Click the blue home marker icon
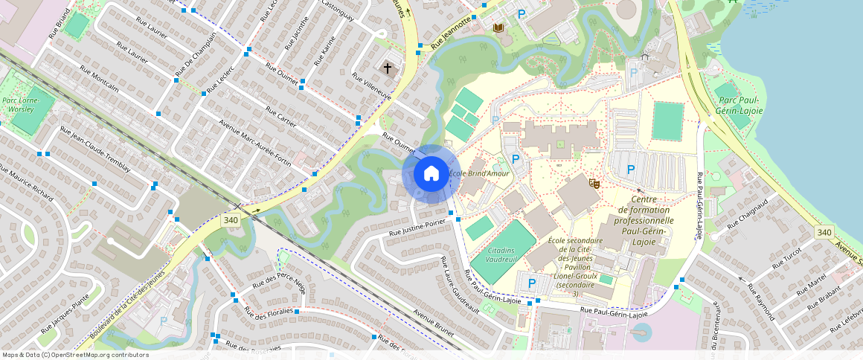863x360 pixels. click(x=431, y=174)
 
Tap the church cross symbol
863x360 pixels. click(x=387, y=68)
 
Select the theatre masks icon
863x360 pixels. click(x=594, y=182)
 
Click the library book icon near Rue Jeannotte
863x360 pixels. click(x=498, y=28)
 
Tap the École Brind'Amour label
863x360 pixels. click(x=483, y=173)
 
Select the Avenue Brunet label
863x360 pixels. click(x=433, y=326)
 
